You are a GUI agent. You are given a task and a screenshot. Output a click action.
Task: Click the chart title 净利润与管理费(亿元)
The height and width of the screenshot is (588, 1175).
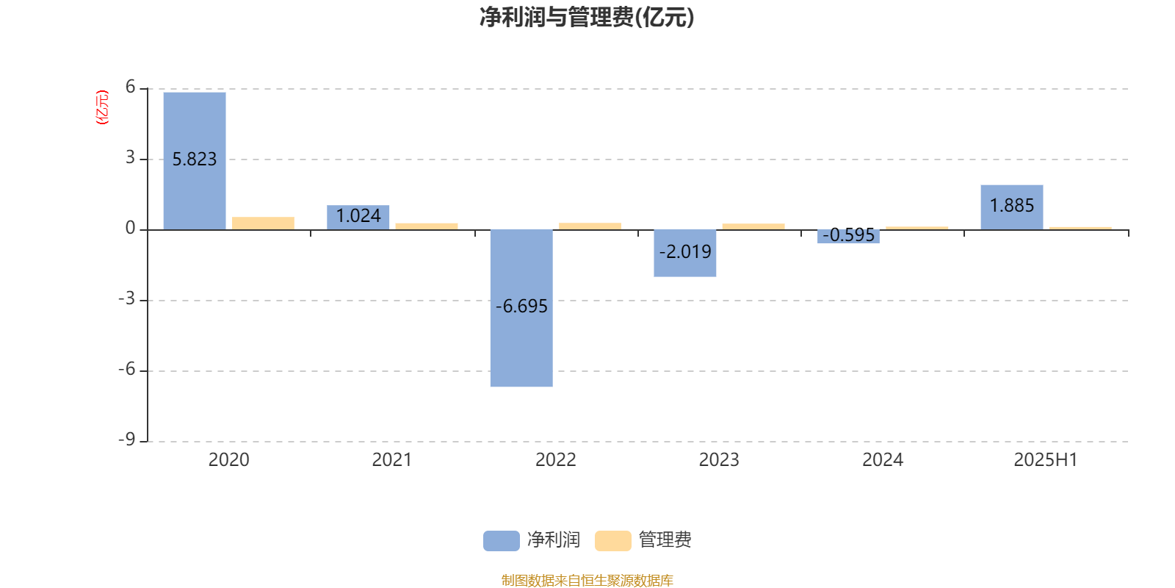pos(587,18)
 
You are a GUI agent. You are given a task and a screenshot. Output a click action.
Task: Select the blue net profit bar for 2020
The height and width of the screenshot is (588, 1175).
pos(195,161)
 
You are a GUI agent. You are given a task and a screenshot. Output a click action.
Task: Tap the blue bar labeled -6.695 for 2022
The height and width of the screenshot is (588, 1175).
pos(521,308)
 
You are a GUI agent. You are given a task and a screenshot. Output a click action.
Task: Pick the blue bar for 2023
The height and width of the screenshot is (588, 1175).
pos(684,253)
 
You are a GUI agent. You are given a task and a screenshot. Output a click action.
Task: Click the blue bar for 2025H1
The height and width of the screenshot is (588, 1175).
pos(1012,207)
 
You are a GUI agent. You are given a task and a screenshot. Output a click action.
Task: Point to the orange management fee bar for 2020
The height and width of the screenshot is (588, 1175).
pos(264,223)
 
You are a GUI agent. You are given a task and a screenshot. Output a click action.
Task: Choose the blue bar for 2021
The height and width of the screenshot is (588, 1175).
pos(358,218)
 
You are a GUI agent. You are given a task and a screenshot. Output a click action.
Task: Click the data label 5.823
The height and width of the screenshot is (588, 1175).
pos(195,159)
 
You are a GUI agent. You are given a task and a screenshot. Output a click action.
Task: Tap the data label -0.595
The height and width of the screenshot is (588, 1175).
pos(848,234)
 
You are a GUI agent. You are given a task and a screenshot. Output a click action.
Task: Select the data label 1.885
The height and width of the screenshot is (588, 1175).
pos(1012,205)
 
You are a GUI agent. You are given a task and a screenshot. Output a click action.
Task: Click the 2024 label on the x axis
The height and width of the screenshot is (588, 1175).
pos(882,460)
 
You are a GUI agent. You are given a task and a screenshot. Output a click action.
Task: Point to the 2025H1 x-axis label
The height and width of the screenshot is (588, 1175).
pos(1046,460)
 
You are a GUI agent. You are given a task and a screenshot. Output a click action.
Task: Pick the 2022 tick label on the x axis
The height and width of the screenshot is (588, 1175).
pos(555,460)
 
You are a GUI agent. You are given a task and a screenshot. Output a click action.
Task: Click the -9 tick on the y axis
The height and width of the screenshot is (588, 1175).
pos(126,440)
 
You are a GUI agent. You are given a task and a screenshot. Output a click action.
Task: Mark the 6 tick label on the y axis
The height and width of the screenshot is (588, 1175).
pos(130,87)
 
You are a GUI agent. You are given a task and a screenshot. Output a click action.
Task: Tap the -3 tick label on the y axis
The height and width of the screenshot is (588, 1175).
pos(126,298)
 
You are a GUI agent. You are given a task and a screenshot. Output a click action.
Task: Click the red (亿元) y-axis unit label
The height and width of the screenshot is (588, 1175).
pos(102,107)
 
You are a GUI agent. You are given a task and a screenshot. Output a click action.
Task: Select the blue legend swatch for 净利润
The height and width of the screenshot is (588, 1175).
pos(502,541)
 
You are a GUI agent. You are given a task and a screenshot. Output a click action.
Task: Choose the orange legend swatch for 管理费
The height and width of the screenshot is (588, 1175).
pos(612,541)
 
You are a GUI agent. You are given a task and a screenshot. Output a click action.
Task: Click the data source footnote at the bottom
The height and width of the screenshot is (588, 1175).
pos(587,580)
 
